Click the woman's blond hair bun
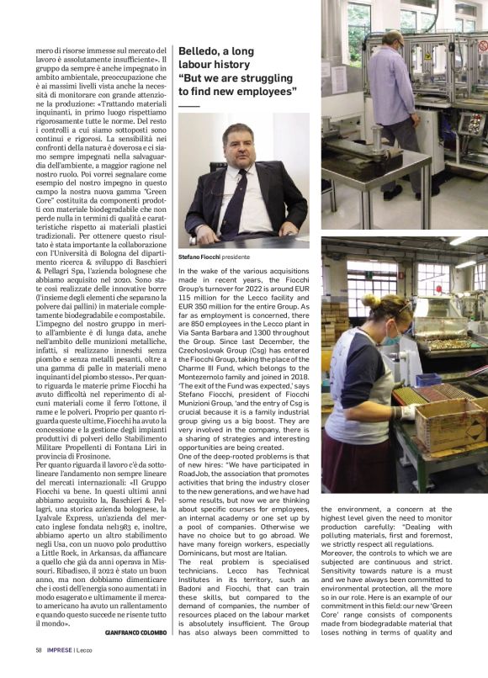click(x=369, y=299)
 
